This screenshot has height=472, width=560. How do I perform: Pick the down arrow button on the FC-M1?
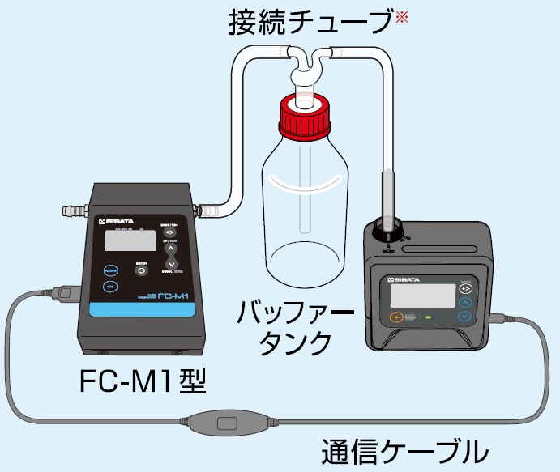(171, 265)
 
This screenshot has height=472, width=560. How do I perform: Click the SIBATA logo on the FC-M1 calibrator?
(118, 219)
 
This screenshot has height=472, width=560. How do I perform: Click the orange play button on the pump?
(396, 317)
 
